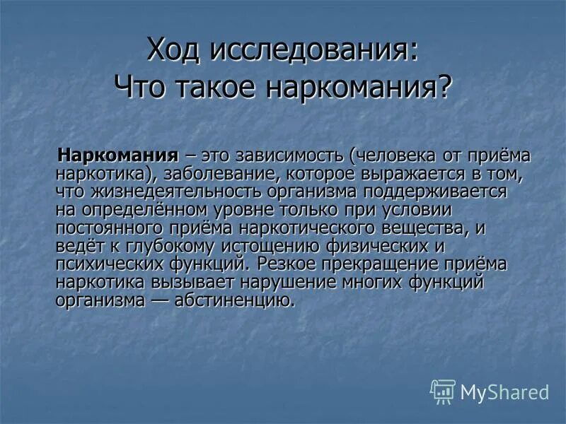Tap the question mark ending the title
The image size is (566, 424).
[444, 88]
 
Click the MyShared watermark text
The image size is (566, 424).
[504, 391]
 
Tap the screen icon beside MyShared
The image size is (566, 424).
[443, 391]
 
